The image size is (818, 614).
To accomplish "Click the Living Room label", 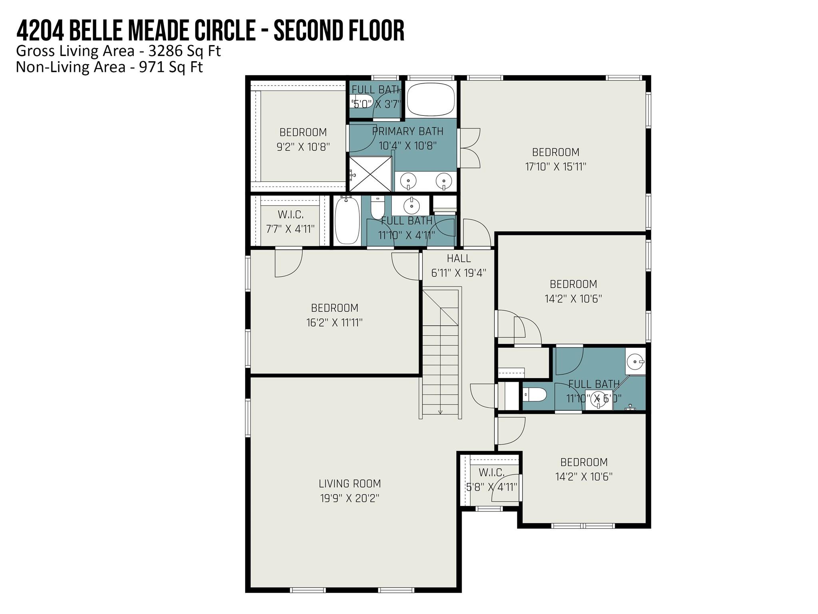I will [x=349, y=484].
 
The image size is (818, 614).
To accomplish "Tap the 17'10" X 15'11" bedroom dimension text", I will [x=555, y=167].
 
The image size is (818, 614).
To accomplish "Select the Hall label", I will [x=459, y=258].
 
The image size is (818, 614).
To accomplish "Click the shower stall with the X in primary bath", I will [x=370, y=174].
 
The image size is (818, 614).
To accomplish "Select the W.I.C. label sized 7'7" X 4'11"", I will [x=290, y=215].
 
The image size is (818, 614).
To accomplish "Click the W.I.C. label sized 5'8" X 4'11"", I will [x=491, y=472].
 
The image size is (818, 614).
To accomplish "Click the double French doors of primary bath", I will [x=469, y=148].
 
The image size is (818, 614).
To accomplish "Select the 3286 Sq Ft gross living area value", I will [x=185, y=51].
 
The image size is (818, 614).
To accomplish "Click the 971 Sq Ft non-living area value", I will [x=171, y=67].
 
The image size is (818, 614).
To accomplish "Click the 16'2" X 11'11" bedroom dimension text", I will [x=334, y=323].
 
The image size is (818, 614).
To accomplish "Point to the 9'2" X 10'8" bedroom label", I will [x=303, y=132].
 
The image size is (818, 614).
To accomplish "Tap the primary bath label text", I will [x=407, y=132].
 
